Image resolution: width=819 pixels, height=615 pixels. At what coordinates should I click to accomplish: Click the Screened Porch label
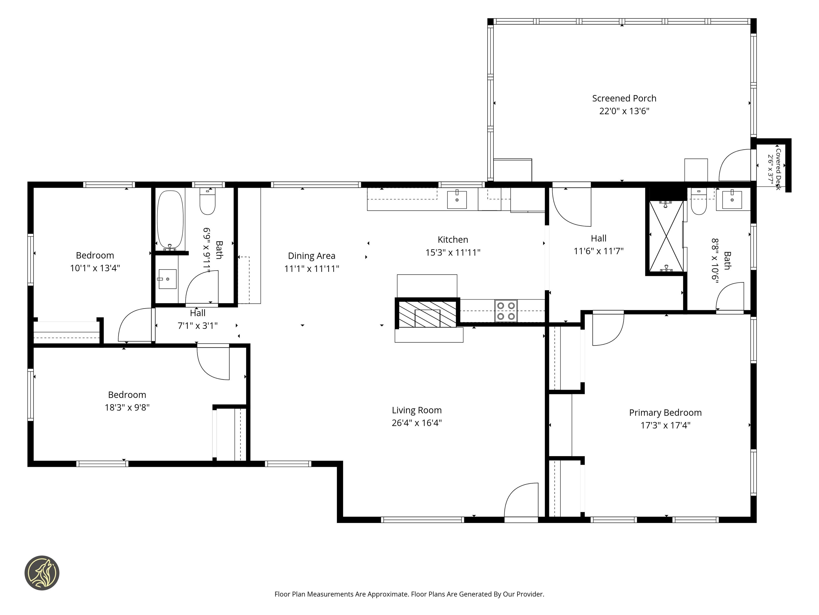pyautogui.click(x=624, y=98)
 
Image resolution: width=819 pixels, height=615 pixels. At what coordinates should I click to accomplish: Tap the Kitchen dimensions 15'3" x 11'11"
pyautogui.click(x=453, y=252)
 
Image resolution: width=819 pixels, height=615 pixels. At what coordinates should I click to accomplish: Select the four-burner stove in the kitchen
pyautogui.click(x=506, y=311)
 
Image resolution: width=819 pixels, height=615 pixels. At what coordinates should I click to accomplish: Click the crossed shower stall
pyautogui.click(x=666, y=236)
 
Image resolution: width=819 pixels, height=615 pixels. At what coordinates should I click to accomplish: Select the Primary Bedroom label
pyautogui.click(x=665, y=413)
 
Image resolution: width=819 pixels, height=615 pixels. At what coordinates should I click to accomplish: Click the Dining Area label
pyautogui.click(x=311, y=256)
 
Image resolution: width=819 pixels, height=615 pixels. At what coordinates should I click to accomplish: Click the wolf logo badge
pyautogui.click(x=42, y=572)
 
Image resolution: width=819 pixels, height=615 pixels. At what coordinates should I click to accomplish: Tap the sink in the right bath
pyautogui.click(x=732, y=199)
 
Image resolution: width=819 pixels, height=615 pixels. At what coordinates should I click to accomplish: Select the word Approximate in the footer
pyautogui.click(x=388, y=594)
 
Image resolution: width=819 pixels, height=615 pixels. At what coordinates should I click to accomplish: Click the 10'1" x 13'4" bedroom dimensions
pyautogui.click(x=95, y=268)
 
